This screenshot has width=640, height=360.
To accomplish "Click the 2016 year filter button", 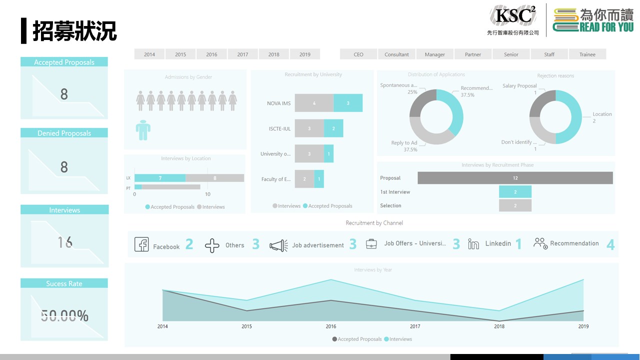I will [211, 54].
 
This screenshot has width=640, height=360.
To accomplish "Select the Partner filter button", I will [473, 54].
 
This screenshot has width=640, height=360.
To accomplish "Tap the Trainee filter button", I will [587, 54].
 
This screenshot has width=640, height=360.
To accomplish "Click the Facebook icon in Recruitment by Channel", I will [141, 244].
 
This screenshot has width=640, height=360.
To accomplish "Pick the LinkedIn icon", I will [473, 244].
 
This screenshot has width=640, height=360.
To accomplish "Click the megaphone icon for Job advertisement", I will [278, 245].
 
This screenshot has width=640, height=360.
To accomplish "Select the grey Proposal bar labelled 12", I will [515, 178].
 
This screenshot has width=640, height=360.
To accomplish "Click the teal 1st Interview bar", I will [515, 192].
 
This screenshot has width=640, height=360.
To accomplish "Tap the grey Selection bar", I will [515, 205].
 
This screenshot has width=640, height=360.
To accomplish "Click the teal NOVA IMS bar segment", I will [348, 103].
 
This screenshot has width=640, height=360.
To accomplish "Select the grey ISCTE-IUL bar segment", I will [309, 128].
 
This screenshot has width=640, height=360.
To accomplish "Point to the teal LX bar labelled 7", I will [160, 178].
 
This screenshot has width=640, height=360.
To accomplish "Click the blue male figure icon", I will [143, 130].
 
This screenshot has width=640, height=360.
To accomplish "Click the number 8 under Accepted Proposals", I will [64, 94].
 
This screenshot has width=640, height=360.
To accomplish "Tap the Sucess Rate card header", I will [64, 283].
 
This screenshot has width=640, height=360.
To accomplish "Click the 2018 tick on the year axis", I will [499, 326].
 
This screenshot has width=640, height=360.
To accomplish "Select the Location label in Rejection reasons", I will [602, 114].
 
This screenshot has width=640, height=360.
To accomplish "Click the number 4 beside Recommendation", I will [610, 244].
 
